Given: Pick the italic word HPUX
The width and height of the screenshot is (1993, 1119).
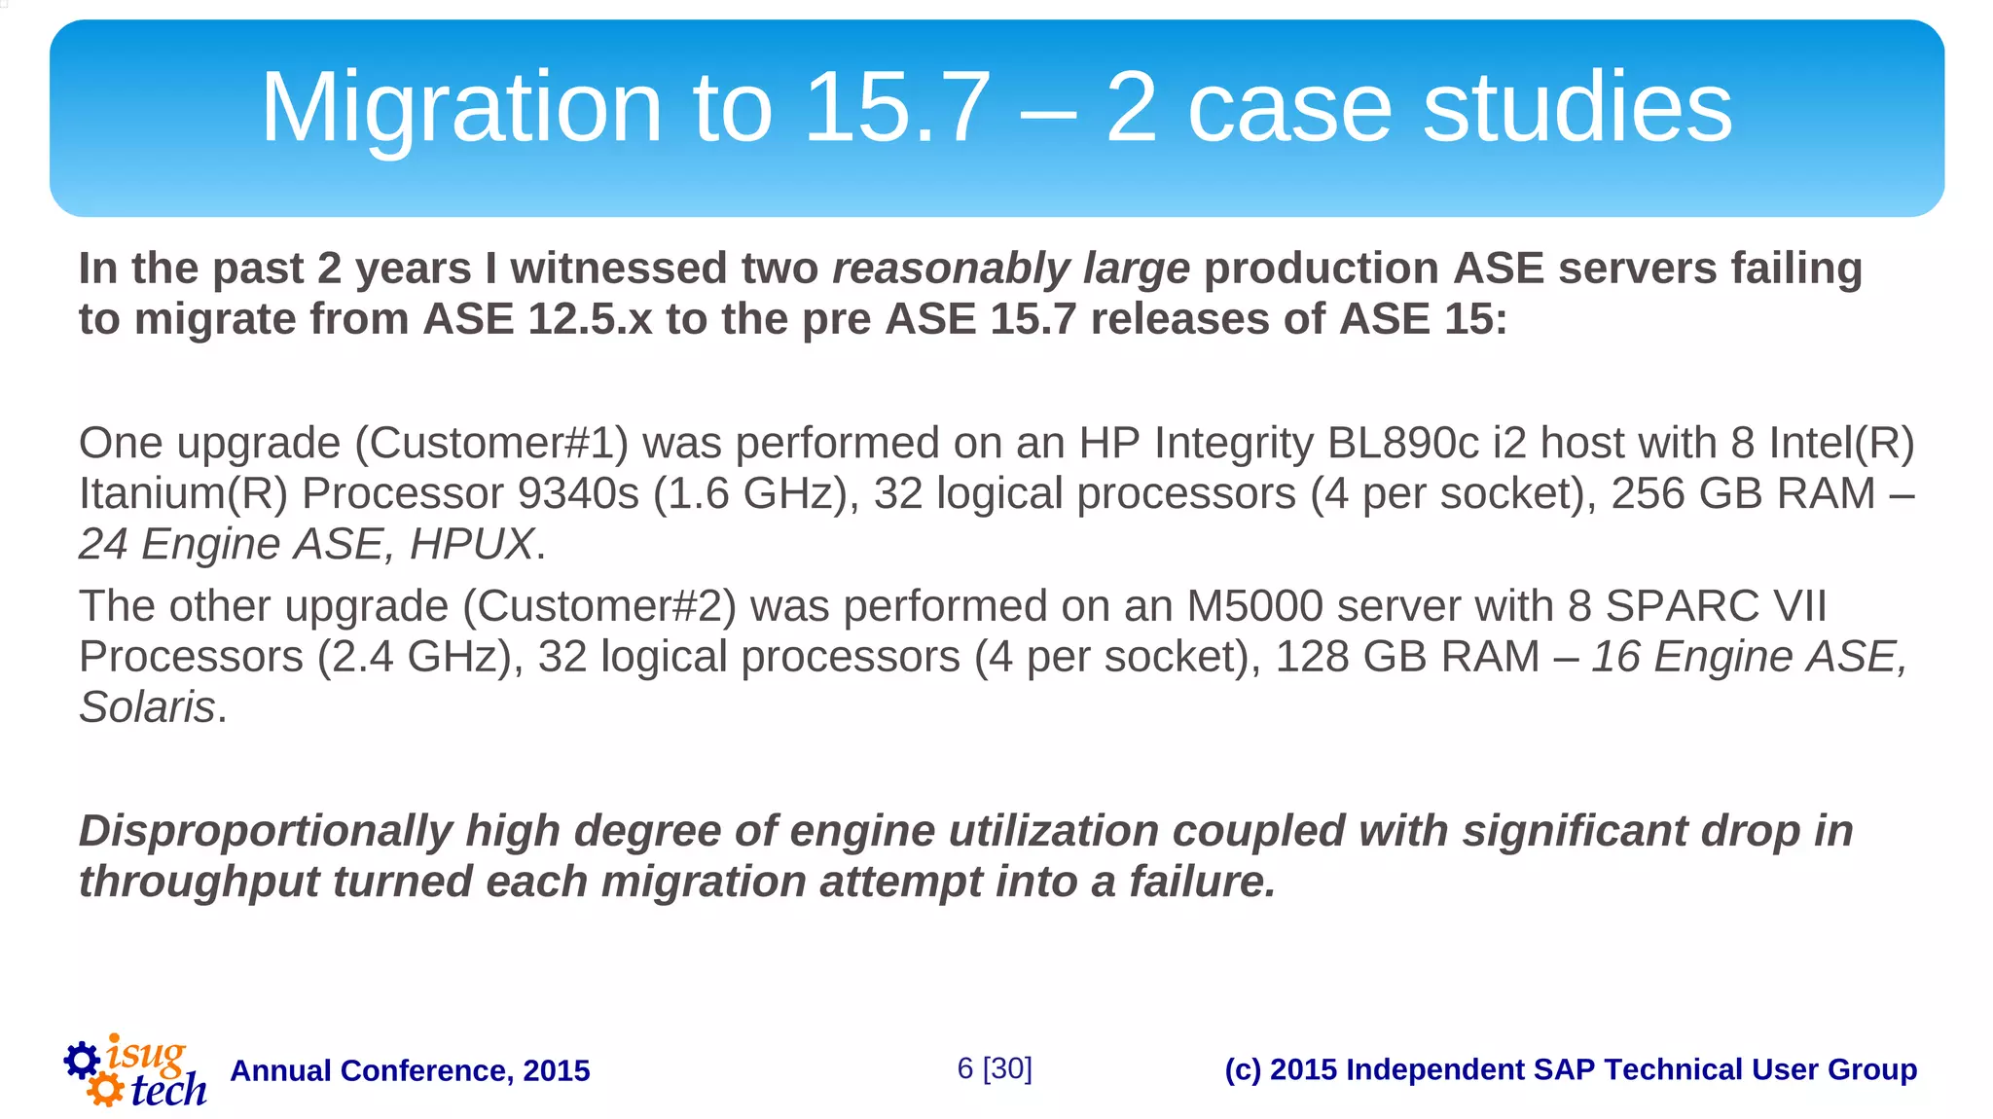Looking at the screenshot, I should [472, 545].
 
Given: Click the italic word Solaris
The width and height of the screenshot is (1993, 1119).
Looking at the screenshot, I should [147, 707].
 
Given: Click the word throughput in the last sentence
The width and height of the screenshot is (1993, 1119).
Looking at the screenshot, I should [199, 883].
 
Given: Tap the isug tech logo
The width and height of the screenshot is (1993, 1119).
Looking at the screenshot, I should [135, 1070].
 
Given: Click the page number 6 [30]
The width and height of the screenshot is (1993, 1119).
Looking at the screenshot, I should [994, 1068].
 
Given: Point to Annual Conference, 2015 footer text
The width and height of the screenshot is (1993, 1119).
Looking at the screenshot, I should [410, 1071].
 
